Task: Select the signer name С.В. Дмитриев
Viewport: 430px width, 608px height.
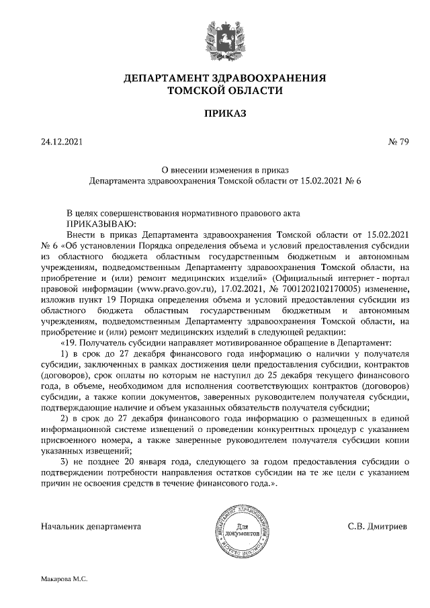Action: [377, 525]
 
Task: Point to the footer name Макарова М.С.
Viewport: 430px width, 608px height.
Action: [64, 578]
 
